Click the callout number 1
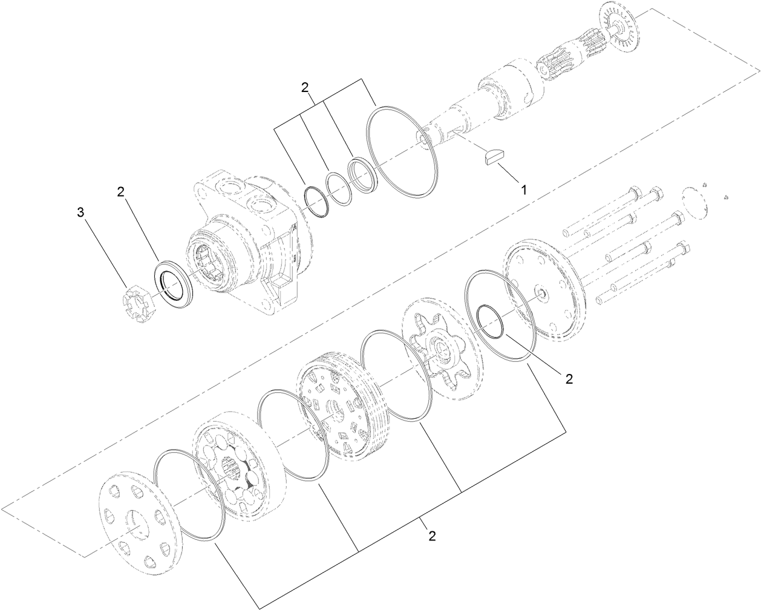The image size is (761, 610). [524, 189]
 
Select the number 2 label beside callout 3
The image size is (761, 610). [121, 192]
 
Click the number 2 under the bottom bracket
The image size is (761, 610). [432, 536]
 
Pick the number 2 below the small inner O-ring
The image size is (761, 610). [569, 379]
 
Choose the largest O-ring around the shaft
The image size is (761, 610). [402, 151]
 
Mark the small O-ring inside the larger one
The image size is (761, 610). [490, 321]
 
